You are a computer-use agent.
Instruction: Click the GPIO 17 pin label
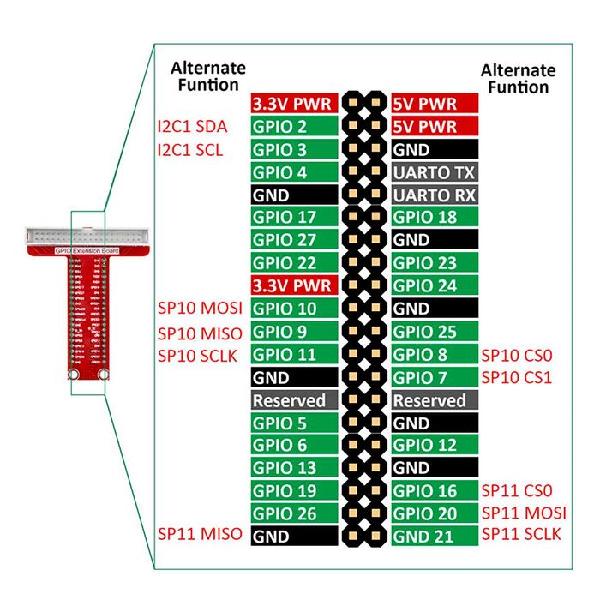pos(294,217)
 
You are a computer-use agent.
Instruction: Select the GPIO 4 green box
pos(294,171)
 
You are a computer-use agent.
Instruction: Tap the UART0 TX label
pos(435,171)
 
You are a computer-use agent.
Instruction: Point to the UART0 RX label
pos(435,195)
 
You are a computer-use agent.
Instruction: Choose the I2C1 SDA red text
pos(193,127)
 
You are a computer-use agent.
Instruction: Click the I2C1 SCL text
pos(190,150)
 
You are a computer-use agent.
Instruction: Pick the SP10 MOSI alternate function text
pos(200,308)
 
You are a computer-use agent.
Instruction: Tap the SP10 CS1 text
pos(517,378)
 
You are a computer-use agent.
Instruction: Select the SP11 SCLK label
pos(521,534)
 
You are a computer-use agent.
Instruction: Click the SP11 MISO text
pos(200,534)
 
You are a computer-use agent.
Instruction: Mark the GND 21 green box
pos(435,536)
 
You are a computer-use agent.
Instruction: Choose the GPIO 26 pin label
pos(294,513)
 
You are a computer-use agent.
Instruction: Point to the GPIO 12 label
pos(435,445)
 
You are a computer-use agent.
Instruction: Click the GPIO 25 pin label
pos(435,332)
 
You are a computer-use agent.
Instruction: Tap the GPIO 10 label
pos(294,309)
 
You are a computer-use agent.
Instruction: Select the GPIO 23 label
pos(435,263)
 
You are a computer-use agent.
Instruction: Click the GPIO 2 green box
pos(294,126)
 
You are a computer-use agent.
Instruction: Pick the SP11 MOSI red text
pos(524,513)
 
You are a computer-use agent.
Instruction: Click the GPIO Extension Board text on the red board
pos(87,250)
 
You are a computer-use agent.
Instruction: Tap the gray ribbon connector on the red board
pos(87,236)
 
